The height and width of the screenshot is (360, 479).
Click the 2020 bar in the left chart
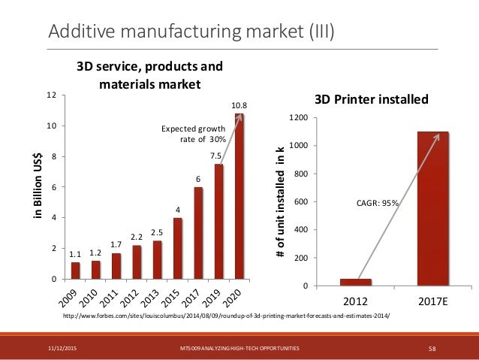coord(239,197)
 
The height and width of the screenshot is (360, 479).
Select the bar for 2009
coord(76,271)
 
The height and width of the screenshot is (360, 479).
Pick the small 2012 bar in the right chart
coord(355,283)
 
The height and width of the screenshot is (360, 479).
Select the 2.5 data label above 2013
coord(157,232)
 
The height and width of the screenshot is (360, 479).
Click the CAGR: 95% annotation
coord(378,201)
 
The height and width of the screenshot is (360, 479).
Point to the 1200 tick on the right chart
coord(297,118)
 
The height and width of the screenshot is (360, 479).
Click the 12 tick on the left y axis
coord(52,95)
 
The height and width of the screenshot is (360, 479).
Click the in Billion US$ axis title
coord(35,187)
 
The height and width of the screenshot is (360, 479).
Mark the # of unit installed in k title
coord(280,202)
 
